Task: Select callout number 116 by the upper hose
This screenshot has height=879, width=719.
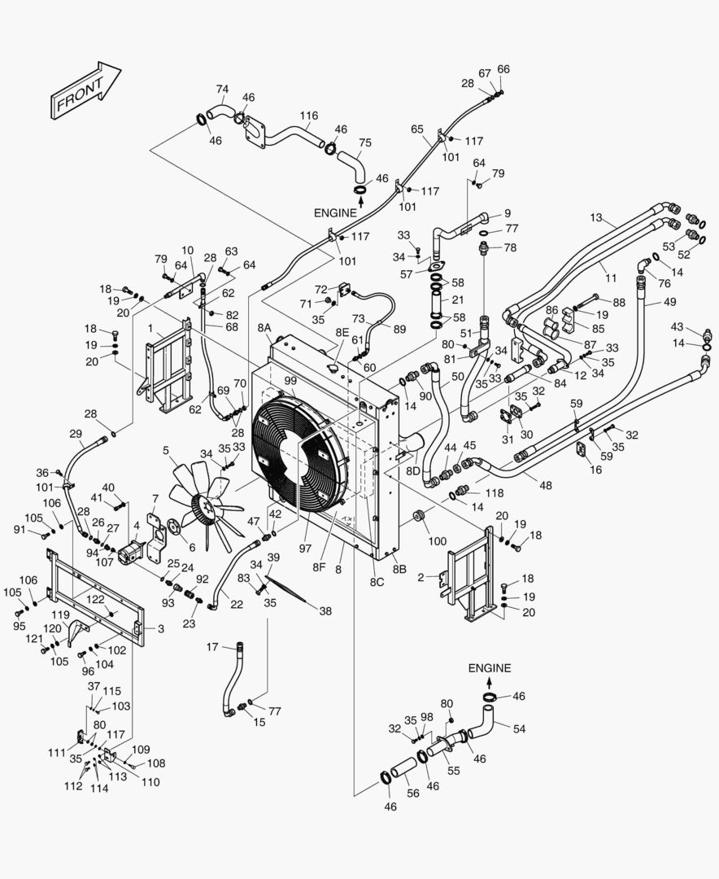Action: pos(308,116)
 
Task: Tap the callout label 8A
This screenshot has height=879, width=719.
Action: pos(264,327)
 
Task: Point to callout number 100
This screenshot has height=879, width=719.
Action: pos(438,541)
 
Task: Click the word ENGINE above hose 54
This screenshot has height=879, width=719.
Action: pos(490,668)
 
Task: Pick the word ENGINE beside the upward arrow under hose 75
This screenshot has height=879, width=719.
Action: pos(335,212)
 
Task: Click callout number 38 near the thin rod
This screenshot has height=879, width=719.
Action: pos(325,610)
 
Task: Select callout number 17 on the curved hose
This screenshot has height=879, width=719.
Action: pos(212,647)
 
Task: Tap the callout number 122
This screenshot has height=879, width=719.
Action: pos(95,600)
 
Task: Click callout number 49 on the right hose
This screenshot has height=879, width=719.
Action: pos(669,302)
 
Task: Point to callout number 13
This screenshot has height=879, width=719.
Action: pos(596,217)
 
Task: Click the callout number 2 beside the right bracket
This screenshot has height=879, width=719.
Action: pos(432,578)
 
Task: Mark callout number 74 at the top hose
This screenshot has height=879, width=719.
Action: pos(222,89)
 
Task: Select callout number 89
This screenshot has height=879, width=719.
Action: pos(399,329)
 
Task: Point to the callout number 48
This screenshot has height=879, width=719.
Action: pos(545,485)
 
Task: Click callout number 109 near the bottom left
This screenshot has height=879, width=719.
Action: pos(141,749)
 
